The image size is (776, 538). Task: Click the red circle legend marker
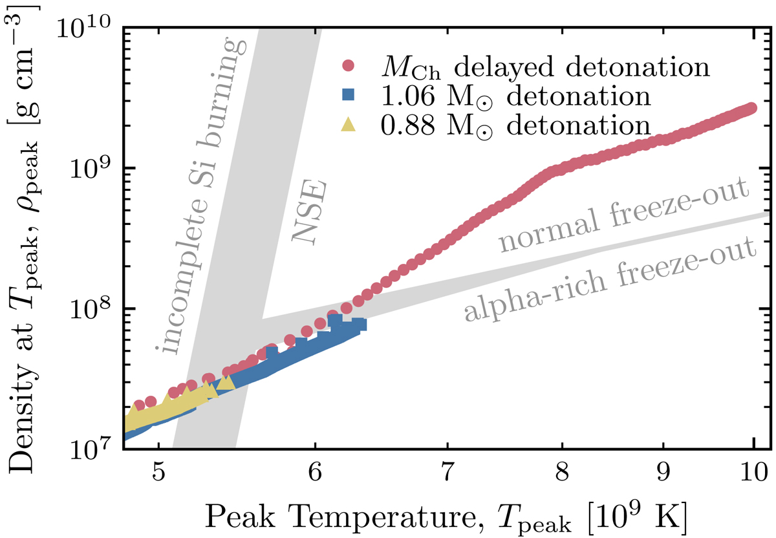coord(349,66)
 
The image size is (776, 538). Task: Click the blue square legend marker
coord(349,96)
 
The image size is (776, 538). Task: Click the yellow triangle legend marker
coord(349,124)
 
